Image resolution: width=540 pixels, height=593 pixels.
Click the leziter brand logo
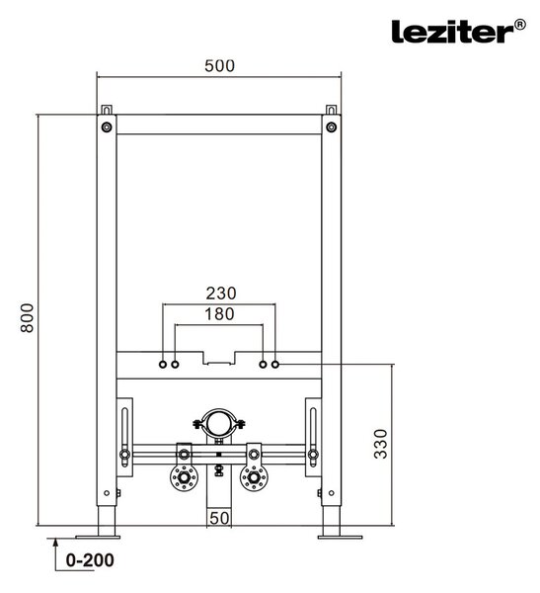pos(458,31)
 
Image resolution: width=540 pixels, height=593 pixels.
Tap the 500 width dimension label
pos(219,66)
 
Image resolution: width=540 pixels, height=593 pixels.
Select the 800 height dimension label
pos(27,317)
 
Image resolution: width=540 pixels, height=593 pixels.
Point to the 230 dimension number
pos(221,294)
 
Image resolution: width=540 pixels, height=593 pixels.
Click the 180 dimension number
pos(219,314)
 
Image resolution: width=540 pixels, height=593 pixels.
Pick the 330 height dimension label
pos(380,444)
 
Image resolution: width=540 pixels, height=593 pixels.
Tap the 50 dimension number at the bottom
pos(219,518)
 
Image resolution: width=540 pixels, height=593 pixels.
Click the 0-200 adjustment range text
pos(90,560)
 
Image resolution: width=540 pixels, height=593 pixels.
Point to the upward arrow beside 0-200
pos(55,554)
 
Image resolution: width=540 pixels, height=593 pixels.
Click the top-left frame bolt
pos(107,127)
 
